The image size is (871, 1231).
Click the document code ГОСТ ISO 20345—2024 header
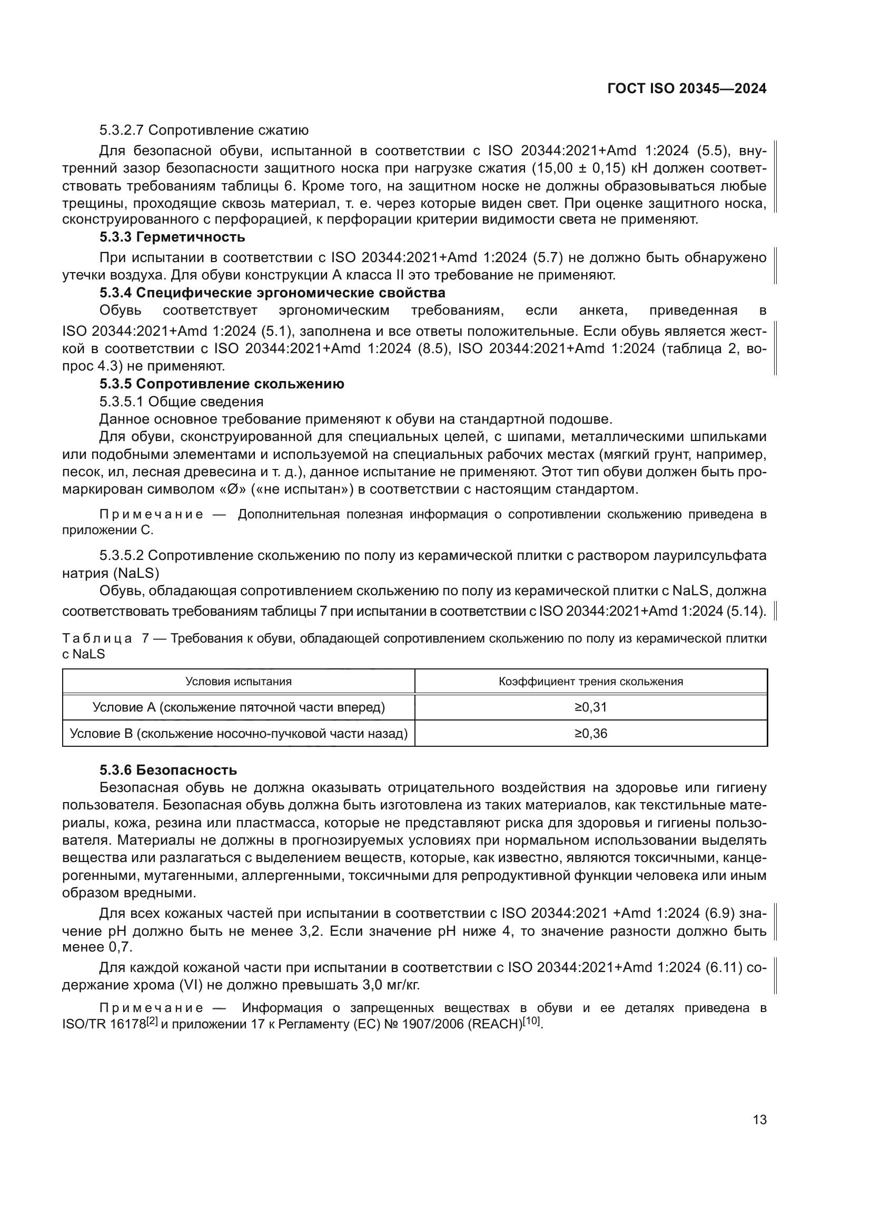click(x=687, y=89)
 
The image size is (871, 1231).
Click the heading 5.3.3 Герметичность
click(x=172, y=236)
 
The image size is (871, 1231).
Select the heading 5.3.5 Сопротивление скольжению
click(x=222, y=384)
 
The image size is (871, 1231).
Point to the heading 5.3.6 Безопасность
click(x=168, y=770)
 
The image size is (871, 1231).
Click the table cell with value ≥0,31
click(x=590, y=707)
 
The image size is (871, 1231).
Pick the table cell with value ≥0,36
click(x=590, y=734)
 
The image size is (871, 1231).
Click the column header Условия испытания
click(x=238, y=682)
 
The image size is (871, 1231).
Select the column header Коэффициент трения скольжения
click(x=590, y=682)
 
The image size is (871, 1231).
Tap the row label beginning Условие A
click(x=238, y=707)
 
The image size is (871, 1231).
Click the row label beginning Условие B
click(x=238, y=734)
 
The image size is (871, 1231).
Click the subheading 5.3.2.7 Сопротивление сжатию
click(x=204, y=131)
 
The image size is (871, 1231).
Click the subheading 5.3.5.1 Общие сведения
click(x=181, y=402)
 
